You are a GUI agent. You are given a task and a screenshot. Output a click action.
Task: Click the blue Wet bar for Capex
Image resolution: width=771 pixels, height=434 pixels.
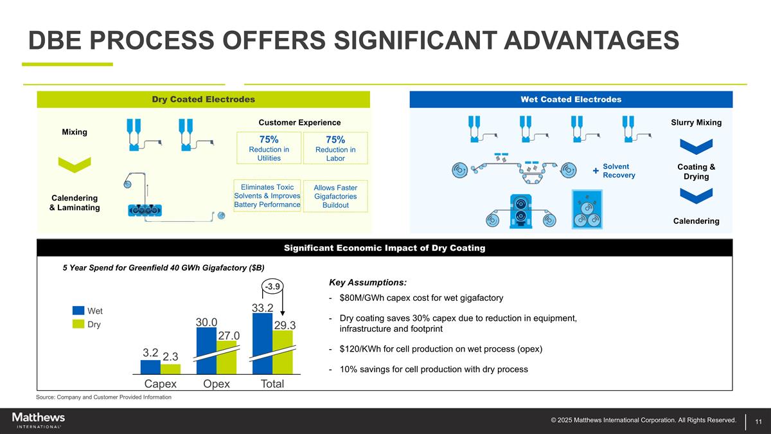[150, 367]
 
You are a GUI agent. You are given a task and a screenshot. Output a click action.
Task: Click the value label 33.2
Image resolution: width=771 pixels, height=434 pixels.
[263, 308]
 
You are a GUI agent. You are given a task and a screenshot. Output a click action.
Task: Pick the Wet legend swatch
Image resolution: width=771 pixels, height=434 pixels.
[78, 311]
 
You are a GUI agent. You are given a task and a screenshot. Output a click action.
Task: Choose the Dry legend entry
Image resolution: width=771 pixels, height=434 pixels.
[87, 325]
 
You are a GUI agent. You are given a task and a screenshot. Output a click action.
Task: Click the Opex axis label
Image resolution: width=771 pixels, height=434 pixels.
[217, 384]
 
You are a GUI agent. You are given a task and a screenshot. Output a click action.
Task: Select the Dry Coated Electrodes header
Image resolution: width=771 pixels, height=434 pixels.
[203, 99]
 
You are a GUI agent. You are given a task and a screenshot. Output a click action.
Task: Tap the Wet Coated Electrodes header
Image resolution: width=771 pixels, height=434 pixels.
[571, 99]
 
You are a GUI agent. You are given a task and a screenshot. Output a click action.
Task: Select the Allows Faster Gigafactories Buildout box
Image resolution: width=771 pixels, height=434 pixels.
[335, 196]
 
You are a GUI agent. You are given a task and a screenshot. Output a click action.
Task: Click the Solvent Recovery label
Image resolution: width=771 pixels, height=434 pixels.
[619, 170]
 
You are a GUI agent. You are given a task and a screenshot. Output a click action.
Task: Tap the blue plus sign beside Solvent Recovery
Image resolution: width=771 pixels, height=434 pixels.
[596, 170]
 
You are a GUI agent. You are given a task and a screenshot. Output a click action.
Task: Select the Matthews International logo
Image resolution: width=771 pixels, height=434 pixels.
[39, 420]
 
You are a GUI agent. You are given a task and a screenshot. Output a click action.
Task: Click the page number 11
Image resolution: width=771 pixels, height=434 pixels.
[759, 421]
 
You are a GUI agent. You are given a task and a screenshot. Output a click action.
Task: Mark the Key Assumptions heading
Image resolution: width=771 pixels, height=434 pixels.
[368, 283]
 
